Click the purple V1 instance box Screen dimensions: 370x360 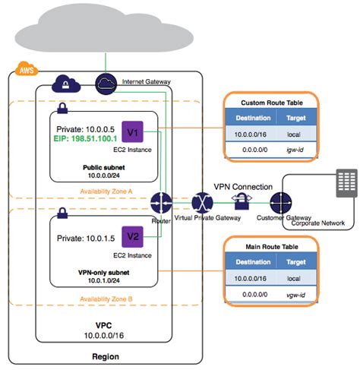[132, 134]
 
